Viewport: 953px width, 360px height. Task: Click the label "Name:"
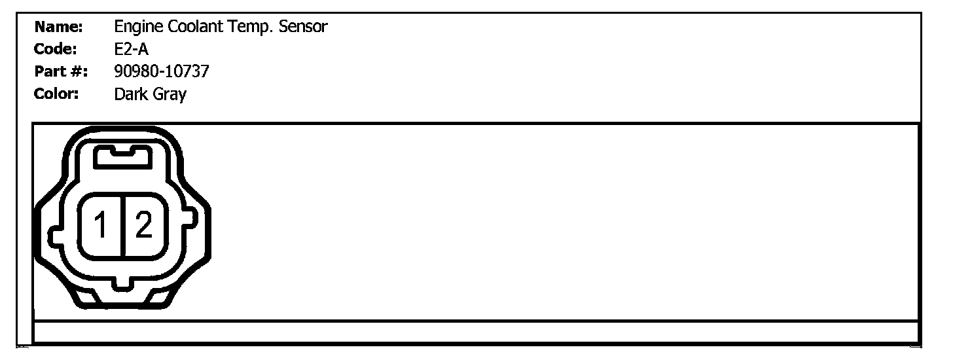coord(58,27)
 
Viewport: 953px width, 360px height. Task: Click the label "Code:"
coord(56,49)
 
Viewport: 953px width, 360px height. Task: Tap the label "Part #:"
coord(61,71)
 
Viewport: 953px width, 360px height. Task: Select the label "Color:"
coord(56,94)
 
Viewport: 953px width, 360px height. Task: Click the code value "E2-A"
coord(132,49)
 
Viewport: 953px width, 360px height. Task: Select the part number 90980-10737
coord(162,71)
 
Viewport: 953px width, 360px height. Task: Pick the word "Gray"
coord(170,94)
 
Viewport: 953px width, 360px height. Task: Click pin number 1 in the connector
coord(101,227)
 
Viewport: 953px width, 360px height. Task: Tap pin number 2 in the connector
coord(143,227)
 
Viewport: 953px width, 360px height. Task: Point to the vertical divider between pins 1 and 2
coord(122,227)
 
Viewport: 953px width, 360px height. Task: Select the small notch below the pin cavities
coord(122,283)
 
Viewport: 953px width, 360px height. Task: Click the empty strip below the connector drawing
coord(476,332)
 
